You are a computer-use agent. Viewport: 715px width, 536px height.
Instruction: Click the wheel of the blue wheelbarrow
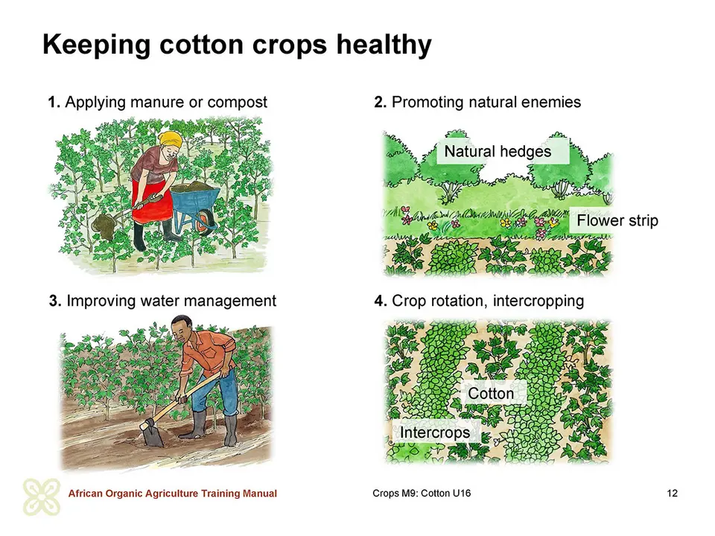(x=206, y=223)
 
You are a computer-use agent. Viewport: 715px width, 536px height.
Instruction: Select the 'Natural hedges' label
(x=498, y=151)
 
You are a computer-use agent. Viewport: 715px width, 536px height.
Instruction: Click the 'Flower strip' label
(x=617, y=220)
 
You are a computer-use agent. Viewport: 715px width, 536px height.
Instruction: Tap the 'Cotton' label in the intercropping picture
(x=491, y=393)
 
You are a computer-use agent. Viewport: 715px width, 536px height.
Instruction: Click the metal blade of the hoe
(x=153, y=434)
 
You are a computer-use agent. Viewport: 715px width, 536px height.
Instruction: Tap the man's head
(x=182, y=328)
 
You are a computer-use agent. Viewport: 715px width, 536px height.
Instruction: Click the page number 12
(x=672, y=493)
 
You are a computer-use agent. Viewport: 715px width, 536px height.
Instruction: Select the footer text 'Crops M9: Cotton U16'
(x=422, y=493)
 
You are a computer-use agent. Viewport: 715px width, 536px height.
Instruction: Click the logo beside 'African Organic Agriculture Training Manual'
(x=42, y=497)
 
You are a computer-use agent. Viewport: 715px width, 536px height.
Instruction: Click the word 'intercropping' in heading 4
(x=538, y=301)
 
